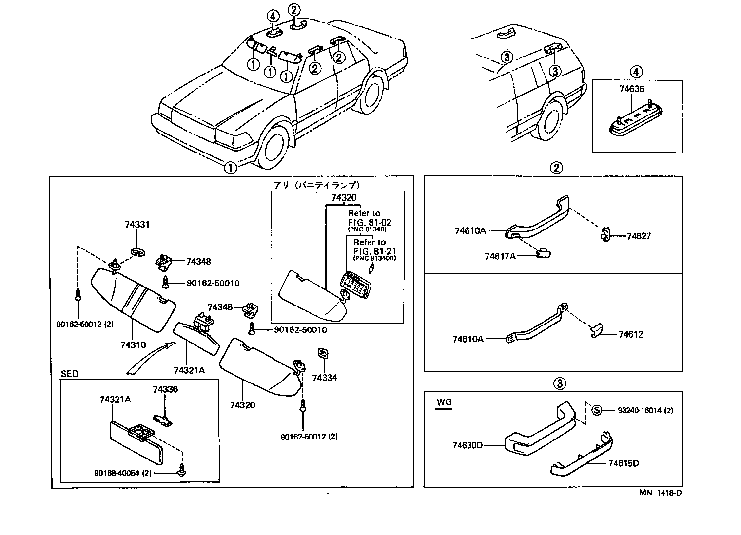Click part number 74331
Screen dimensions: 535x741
[137, 225]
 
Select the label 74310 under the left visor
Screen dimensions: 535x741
[133, 345]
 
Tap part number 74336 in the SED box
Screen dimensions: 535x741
[165, 389]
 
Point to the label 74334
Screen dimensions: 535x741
[324, 378]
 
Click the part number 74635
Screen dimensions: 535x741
[632, 89]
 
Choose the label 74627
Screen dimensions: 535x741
[639, 236]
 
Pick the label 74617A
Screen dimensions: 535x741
[500, 256]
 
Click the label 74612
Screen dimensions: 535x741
[631, 334]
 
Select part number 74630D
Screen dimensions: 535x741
[468, 445]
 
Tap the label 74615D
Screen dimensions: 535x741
[624, 463]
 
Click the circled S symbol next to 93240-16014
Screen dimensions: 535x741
[597, 410]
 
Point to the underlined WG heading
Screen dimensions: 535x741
[444, 402]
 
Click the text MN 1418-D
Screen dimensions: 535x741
[660, 492]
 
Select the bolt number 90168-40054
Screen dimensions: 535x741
[122, 473]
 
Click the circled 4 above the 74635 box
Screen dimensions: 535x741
[635, 72]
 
